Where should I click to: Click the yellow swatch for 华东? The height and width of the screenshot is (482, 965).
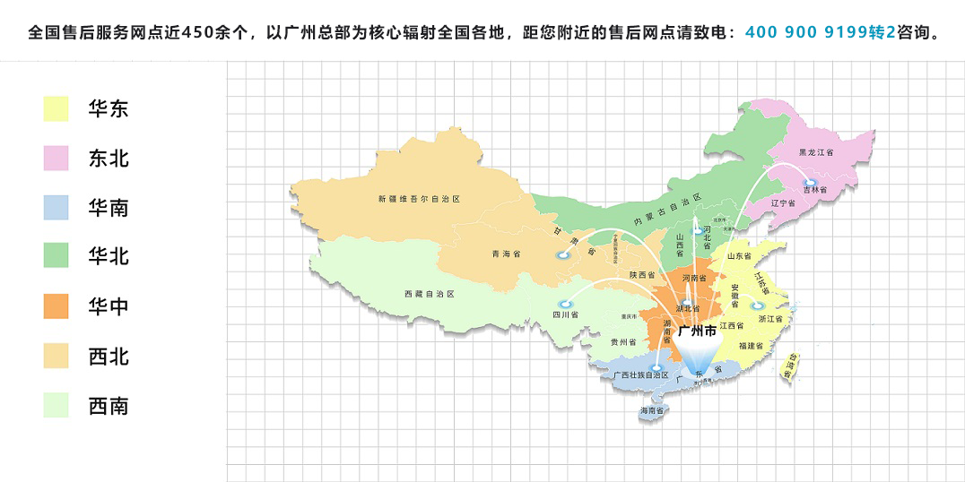pyautogui.click(x=56, y=109)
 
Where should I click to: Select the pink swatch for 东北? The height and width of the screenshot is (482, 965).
pyautogui.click(x=56, y=159)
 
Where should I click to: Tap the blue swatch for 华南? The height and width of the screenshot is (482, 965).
pyautogui.click(x=56, y=208)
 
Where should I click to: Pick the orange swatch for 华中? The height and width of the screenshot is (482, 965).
pyautogui.click(x=56, y=306)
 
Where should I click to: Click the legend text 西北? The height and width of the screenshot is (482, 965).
pyautogui.click(x=109, y=357)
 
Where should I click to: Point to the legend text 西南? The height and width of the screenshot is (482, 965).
pyautogui.click(x=109, y=406)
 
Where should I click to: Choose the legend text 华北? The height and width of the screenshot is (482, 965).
pyautogui.click(x=109, y=257)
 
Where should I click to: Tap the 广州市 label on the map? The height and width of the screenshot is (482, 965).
pyautogui.click(x=697, y=331)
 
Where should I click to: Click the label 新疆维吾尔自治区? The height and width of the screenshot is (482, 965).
pyautogui.click(x=418, y=198)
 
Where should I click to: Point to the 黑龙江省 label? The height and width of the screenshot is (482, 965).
pyautogui.click(x=816, y=153)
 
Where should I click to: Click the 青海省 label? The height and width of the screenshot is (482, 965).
pyautogui.click(x=506, y=254)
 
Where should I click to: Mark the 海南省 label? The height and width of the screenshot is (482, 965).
pyautogui.click(x=652, y=411)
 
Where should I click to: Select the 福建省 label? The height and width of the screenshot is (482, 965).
pyautogui.click(x=751, y=345)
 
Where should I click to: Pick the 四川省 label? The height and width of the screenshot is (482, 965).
pyautogui.click(x=565, y=314)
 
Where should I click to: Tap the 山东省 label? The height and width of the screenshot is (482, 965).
pyautogui.click(x=739, y=256)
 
